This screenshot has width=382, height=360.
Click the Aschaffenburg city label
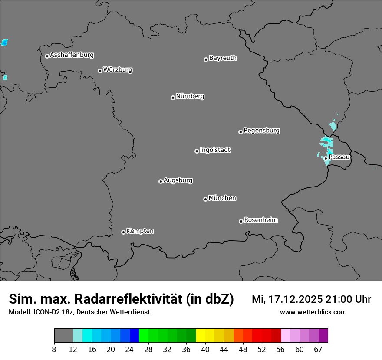(x=72, y=55)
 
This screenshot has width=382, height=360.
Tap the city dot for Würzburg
(x=100, y=71)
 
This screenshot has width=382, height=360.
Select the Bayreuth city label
(x=223, y=58)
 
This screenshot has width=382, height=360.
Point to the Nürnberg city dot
(x=173, y=98)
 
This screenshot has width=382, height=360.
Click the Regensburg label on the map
(x=261, y=130)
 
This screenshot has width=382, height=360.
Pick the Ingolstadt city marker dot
(x=197, y=151)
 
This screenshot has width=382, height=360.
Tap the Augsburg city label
(x=178, y=180)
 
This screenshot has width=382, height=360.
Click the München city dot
(x=205, y=199)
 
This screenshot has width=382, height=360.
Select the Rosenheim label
(x=260, y=220)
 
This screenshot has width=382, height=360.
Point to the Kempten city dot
(x=123, y=232)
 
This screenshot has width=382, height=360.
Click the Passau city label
(x=339, y=157)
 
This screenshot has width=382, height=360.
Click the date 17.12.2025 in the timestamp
(x=295, y=299)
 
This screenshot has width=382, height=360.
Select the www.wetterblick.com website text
(x=313, y=312)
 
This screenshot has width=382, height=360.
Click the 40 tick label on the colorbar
(x=205, y=350)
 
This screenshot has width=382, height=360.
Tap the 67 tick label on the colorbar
(x=318, y=350)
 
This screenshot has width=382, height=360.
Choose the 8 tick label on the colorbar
(x=54, y=350)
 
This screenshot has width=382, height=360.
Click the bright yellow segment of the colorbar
(x=201, y=336)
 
